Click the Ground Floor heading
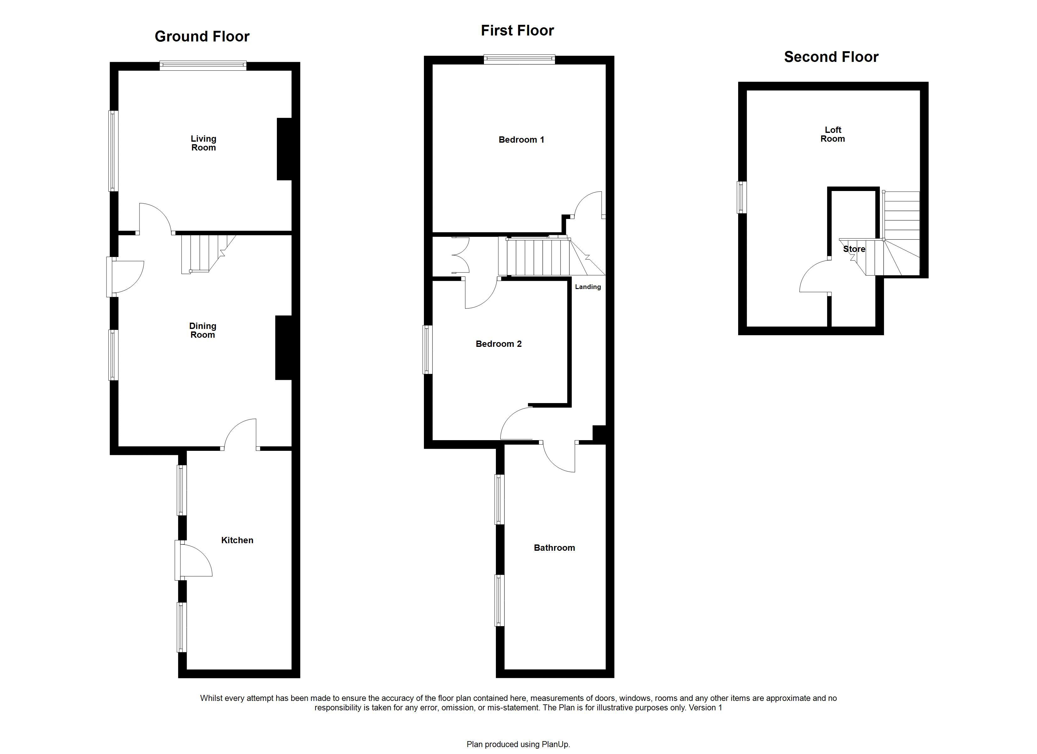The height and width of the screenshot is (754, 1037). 202,36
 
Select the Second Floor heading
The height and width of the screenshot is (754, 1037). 831,57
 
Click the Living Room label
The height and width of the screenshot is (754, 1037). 203,143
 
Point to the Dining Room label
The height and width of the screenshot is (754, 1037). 203,330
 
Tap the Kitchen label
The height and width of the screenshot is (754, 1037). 237,540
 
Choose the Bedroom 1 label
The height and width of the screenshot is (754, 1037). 521,140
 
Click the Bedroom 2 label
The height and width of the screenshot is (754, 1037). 498,344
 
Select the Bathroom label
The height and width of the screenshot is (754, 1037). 554,548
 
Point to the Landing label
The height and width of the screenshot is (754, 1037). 588,287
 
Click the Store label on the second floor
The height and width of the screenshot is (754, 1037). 854,249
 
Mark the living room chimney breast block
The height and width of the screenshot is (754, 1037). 284,149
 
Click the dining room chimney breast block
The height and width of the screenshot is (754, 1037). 283,348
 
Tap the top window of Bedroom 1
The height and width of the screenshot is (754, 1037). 519,59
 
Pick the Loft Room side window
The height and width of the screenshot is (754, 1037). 742,197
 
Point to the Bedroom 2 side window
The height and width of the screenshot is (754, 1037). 427,349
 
